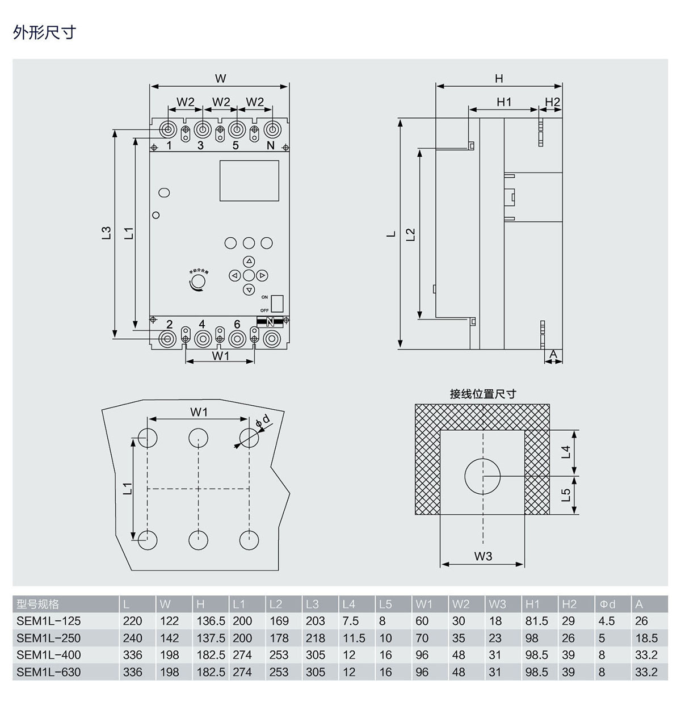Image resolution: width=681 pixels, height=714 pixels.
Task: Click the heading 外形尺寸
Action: coord(44,32)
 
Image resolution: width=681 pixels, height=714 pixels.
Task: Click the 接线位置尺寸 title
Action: coord(483,394)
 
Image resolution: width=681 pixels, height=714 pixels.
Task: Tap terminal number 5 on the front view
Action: coord(236,145)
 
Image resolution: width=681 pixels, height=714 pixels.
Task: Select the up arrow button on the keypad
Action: coord(249,262)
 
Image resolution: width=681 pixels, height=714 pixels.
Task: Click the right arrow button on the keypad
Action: coord(262,276)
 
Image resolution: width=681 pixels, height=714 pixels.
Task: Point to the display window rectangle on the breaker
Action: coord(249,180)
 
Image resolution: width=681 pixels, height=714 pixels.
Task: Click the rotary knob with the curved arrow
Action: coord(198,282)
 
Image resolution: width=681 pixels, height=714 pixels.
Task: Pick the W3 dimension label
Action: coord(483,556)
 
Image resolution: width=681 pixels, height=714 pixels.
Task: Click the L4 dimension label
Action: coord(566,452)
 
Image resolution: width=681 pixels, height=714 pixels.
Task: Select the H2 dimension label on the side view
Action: coord(552,102)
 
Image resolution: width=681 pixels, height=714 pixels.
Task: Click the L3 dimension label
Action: coord(106,233)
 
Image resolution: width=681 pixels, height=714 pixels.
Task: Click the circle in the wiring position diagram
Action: coord(483,476)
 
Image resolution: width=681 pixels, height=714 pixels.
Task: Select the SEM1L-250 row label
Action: coord(49,638)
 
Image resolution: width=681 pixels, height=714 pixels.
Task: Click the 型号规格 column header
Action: coord(38,604)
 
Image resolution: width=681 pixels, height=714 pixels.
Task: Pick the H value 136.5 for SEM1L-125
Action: coord(211,621)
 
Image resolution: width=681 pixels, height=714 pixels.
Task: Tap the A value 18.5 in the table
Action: coord(647,638)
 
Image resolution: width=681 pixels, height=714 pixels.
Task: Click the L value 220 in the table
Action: coord(133,621)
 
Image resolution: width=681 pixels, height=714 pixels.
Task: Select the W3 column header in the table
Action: coord(497,604)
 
